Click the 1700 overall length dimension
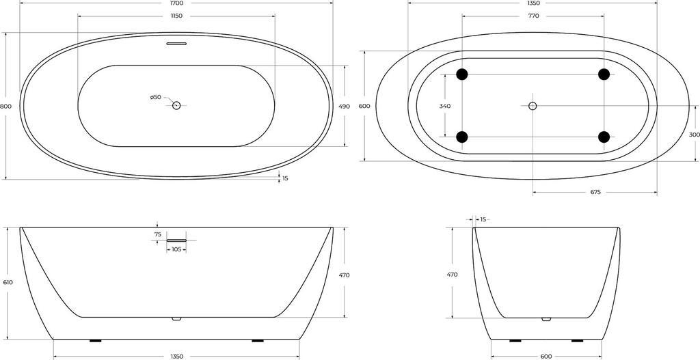[176, 3]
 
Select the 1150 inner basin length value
[176, 16]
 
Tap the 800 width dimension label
[5, 106]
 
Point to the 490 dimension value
[345, 106]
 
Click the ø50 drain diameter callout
[155, 97]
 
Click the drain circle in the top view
[176, 106]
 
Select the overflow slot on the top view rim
[176, 44]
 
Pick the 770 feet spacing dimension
[533, 16]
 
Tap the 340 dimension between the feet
[444, 106]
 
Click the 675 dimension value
[595, 192]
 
